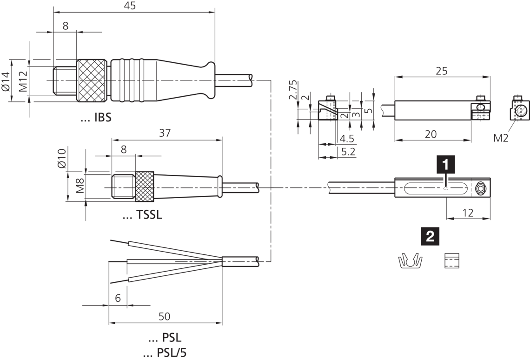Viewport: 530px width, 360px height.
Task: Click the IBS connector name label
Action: pyautogui.click(x=96, y=117)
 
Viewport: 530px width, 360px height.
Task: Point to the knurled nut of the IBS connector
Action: pyautogui.click(x=93, y=80)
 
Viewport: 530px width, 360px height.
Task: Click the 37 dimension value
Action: pyautogui.click(x=165, y=133)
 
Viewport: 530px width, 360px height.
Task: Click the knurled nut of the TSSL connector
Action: pyautogui.click(x=145, y=187)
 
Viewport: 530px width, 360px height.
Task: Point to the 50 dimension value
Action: pyautogui.click(x=164, y=317)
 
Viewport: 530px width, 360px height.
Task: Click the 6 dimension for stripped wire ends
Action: pyautogui.click(x=118, y=298)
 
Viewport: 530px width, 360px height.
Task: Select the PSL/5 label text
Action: pyautogui.click(x=166, y=353)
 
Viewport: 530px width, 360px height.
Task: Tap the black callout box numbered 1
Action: pyautogui.click(x=445, y=164)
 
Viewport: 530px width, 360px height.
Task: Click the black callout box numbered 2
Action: pyautogui.click(x=431, y=236)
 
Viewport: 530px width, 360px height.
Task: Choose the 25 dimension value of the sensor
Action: pyautogui.click(x=442, y=71)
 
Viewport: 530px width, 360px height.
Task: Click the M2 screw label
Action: pyautogui.click(x=503, y=137)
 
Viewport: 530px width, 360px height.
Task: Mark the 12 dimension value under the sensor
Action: pyautogui.click(x=468, y=213)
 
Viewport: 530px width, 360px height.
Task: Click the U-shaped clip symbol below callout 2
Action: pyautogui.click(x=410, y=261)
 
